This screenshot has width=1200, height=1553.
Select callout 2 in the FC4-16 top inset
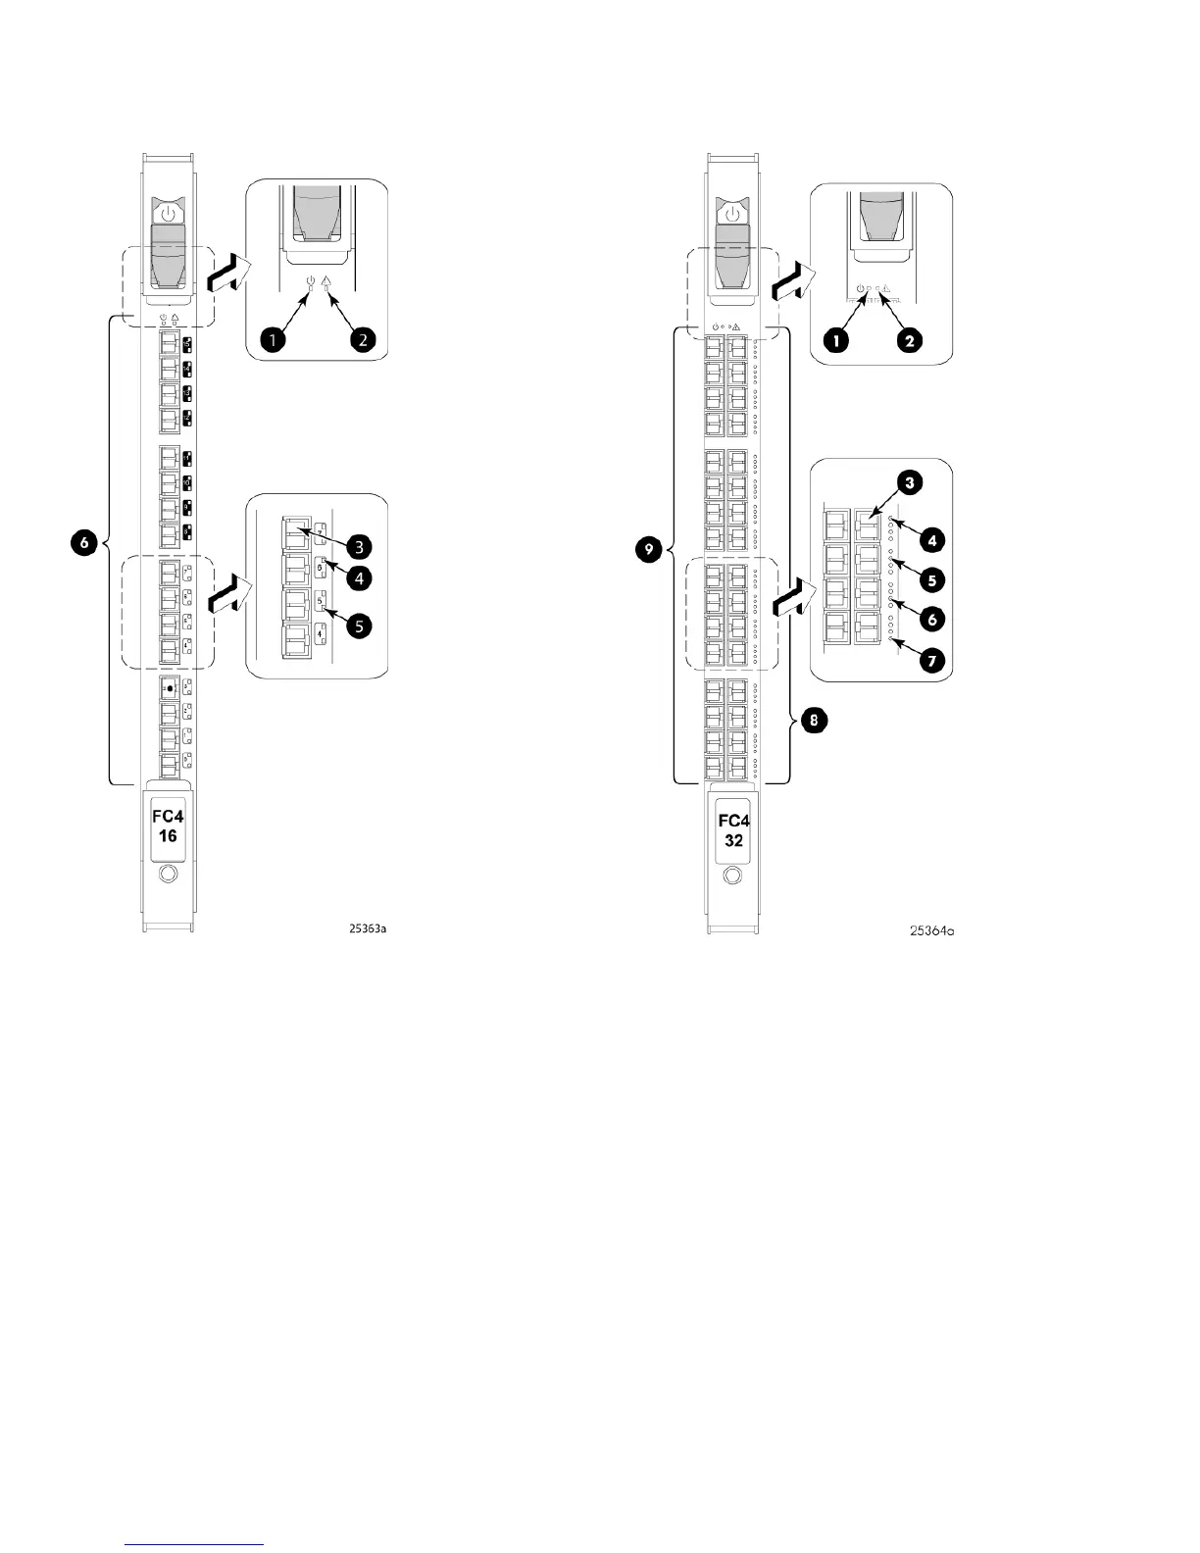(362, 339)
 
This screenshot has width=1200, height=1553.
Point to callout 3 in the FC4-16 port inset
(361, 546)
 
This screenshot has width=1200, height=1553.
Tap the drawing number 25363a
(369, 928)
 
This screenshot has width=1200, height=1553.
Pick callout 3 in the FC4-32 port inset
(911, 483)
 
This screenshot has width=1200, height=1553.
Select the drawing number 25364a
(930, 930)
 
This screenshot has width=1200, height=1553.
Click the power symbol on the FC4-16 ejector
(169, 213)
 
